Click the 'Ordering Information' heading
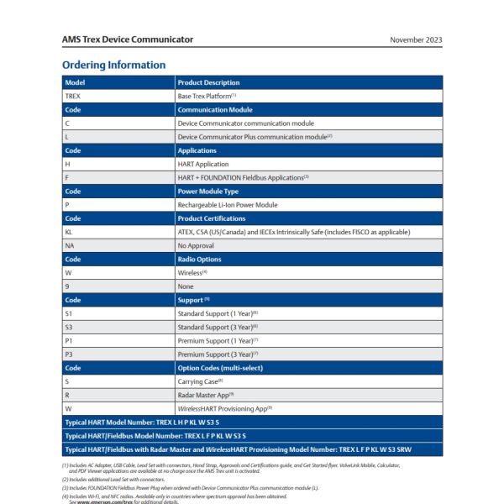click(113, 65)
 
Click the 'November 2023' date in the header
click(416, 39)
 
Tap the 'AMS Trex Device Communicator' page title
click(127, 39)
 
